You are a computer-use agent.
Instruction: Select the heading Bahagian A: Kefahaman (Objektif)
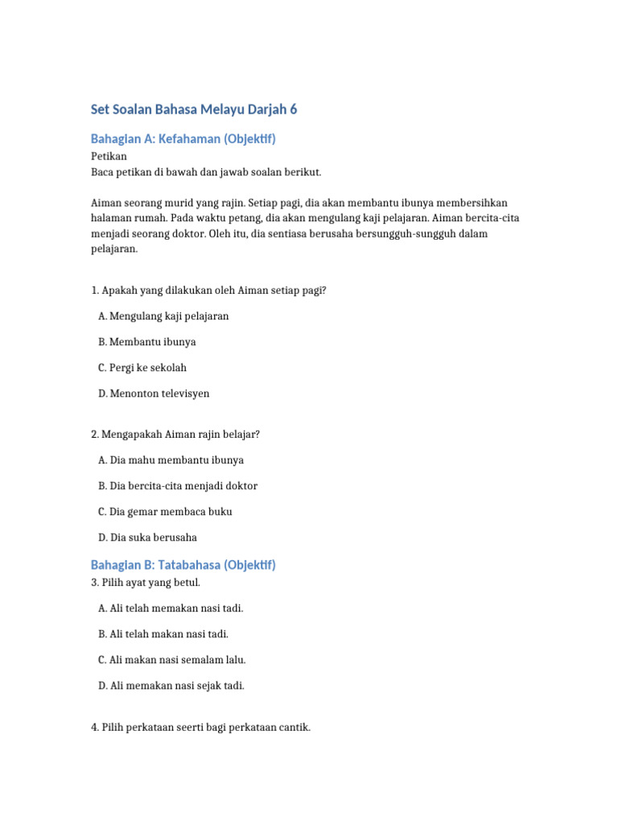click(183, 139)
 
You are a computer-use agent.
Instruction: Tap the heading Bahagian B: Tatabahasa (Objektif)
click(183, 565)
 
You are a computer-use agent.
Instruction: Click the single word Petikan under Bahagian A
click(109, 157)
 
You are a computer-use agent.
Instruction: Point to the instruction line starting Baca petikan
click(206, 171)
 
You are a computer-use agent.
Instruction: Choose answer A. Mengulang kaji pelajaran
click(163, 316)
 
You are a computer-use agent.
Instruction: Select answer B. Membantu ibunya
click(147, 342)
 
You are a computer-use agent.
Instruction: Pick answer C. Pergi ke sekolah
click(142, 368)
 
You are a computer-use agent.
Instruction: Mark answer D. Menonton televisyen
click(154, 393)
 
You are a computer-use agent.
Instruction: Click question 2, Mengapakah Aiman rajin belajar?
click(175, 435)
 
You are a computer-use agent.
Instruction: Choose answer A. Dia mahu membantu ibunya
click(171, 460)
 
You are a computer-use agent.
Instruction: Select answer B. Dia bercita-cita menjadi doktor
click(178, 486)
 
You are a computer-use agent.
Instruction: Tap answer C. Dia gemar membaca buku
click(165, 512)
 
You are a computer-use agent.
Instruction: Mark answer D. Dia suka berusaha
click(147, 538)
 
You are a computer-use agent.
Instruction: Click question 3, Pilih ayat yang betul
click(146, 582)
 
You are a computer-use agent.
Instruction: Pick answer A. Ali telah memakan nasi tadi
click(171, 608)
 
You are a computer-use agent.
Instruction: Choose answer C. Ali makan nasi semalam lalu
click(172, 660)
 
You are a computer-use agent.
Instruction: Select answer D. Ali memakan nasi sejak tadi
click(171, 686)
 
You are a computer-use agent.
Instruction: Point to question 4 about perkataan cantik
click(200, 727)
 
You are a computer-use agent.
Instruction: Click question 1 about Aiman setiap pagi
click(208, 290)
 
